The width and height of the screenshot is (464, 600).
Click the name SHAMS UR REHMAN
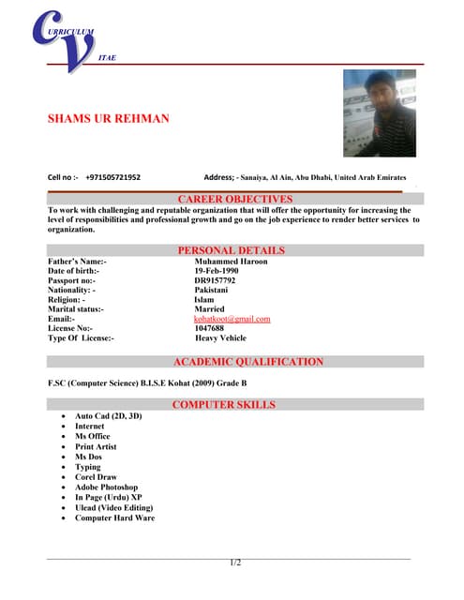coord(109,119)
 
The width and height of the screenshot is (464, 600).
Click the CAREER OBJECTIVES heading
coord(235,199)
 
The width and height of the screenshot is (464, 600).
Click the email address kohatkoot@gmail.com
coord(232,319)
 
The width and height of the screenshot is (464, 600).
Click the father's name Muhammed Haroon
coord(231,262)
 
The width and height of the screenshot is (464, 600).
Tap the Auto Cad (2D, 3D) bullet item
coord(109,415)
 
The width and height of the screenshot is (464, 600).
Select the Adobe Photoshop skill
coord(106,487)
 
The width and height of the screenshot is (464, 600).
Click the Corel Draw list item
coord(96,477)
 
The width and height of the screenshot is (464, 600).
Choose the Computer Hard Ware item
coord(114,517)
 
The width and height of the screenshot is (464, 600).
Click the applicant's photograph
coord(379,112)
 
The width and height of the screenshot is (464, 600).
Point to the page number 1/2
coord(235,562)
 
